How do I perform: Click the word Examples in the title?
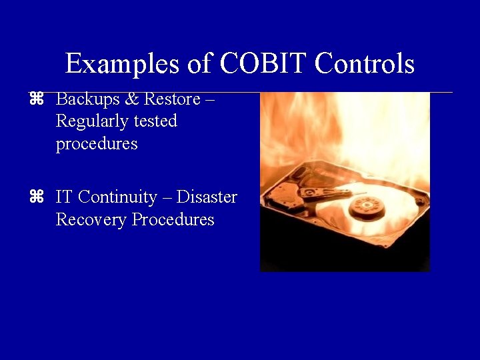[117, 65]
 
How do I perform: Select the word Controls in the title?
[365, 64]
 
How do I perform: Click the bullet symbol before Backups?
[36, 99]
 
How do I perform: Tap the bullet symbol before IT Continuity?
[36, 197]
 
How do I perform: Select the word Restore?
[172, 99]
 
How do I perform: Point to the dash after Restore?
[210, 100]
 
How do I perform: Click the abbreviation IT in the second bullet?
[64, 197]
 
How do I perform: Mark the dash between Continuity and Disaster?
[167, 198]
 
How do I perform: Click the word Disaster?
[207, 197]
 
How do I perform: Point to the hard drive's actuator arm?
[327, 194]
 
